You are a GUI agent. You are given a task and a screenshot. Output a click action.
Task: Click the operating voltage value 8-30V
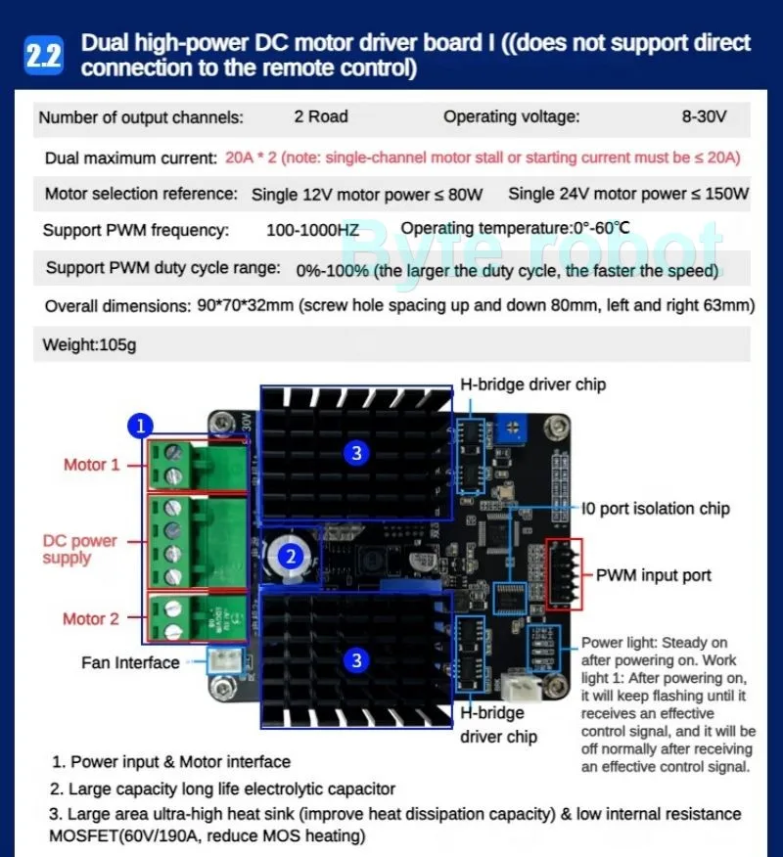click(x=704, y=117)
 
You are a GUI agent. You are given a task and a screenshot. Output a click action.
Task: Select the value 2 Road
click(x=321, y=117)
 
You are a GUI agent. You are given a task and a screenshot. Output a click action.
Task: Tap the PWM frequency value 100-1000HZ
click(x=312, y=231)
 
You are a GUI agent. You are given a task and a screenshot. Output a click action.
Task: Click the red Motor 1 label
click(x=91, y=465)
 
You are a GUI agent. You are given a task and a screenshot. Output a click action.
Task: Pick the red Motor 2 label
click(x=91, y=618)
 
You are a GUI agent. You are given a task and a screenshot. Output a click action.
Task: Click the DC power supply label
click(x=79, y=549)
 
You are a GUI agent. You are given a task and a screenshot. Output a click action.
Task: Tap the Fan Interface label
click(x=130, y=662)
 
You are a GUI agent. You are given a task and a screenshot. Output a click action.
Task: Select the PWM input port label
click(x=653, y=575)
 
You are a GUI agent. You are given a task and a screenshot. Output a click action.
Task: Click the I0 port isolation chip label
click(x=656, y=509)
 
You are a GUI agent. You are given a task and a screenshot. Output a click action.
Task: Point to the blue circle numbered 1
click(x=141, y=426)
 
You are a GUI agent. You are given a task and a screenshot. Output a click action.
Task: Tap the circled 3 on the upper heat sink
click(x=356, y=452)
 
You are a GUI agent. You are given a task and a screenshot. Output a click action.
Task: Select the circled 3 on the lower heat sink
click(x=356, y=660)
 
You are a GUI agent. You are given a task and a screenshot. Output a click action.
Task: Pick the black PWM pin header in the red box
click(x=564, y=573)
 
